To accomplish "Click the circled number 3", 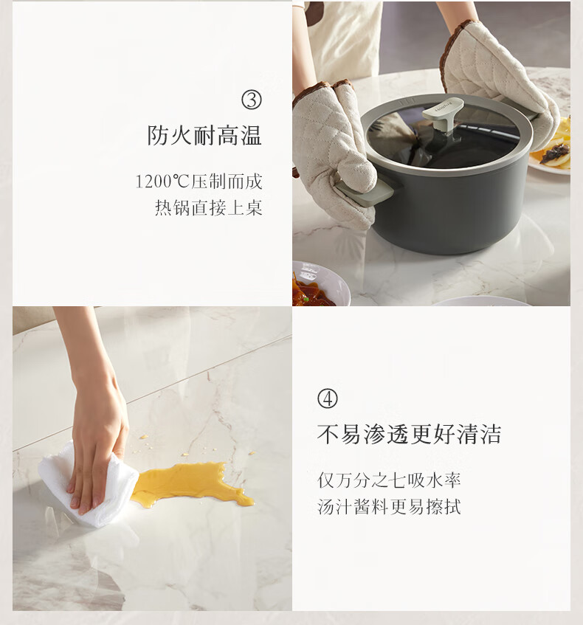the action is (252, 100).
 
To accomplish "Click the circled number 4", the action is (328, 398).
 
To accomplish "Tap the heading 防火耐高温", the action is (204, 136).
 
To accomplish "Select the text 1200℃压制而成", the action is (199, 182).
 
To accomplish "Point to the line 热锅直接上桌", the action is (209, 207).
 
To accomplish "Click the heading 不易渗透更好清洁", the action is (409, 434).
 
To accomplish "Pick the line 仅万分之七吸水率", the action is (389, 480).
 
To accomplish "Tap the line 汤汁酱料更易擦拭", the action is (389, 507).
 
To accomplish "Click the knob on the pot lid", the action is (443, 115).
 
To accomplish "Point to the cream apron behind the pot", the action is (346, 40).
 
